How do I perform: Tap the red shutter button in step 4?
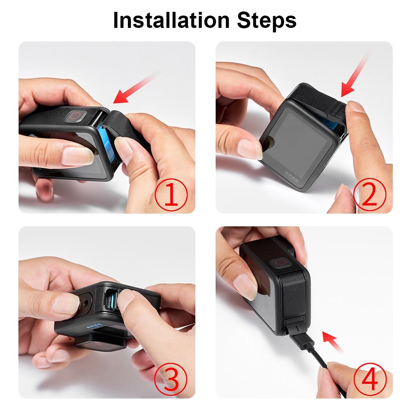(x=281, y=263)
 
